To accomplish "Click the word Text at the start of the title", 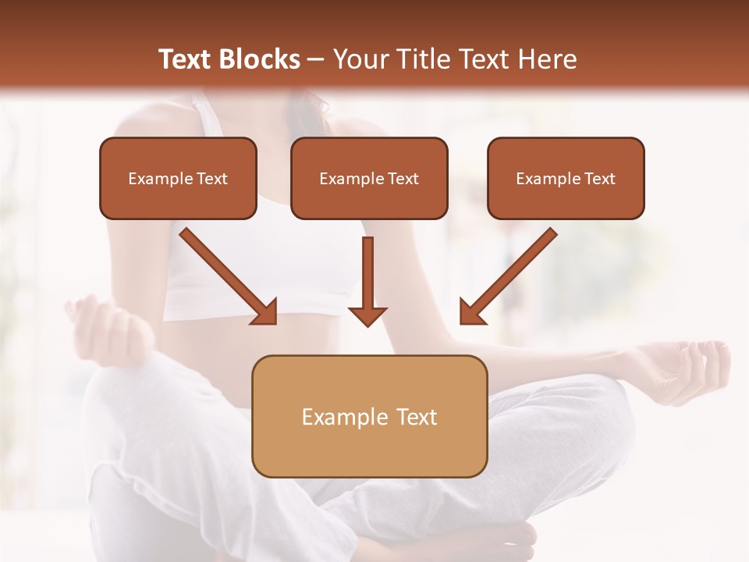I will pyautogui.click(x=186, y=59).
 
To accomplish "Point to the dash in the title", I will pyautogui.click(x=316, y=59).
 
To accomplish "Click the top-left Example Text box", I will pyautogui.click(x=178, y=178).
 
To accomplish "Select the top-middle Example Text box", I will pyautogui.click(x=369, y=178).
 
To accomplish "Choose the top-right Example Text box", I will pyautogui.click(x=566, y=178).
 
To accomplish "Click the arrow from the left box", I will pyautogui.click(x=226, y=273).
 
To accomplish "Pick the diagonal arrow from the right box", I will pyautogui.click(x=511, y=273).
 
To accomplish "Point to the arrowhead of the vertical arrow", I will pyautogui.click(x=367, y=315).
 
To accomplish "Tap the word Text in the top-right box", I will pyautogui.click(x=600, y=178).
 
